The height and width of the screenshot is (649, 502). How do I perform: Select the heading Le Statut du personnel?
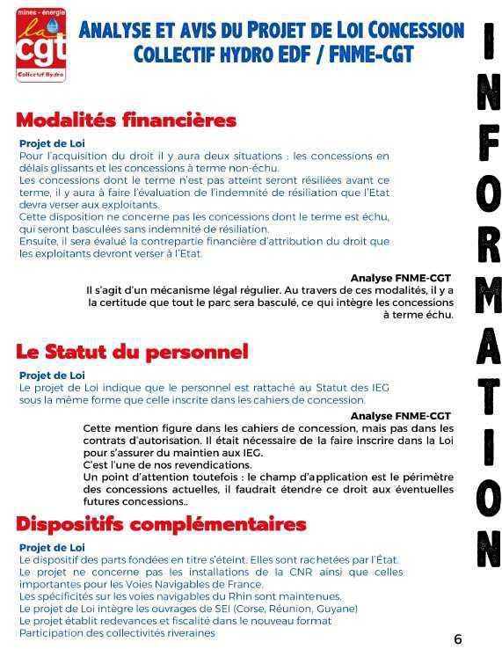132,352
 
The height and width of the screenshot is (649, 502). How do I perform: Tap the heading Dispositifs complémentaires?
161,525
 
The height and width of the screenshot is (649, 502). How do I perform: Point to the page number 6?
457,639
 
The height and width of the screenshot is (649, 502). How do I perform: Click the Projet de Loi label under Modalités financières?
52,143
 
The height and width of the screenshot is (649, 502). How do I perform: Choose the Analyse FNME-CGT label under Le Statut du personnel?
400,415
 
